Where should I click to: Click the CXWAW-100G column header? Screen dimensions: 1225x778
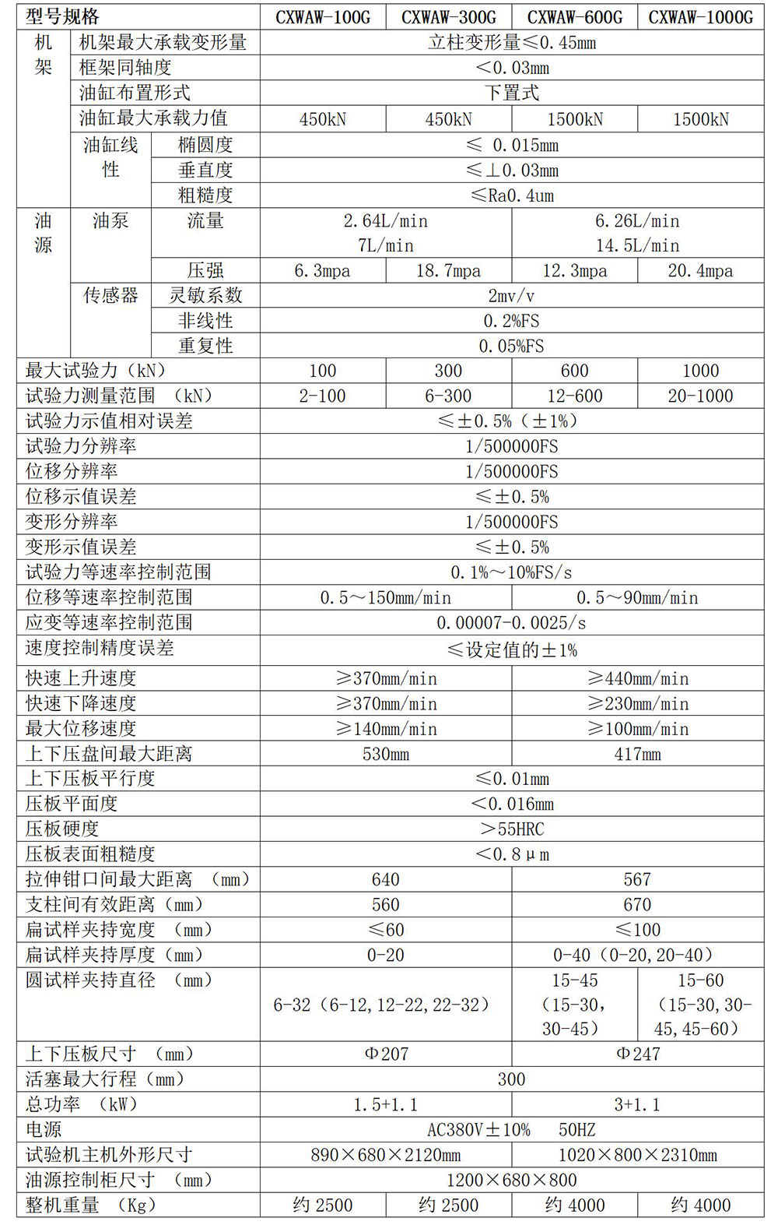tap(323, 17)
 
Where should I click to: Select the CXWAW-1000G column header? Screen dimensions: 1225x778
tap(700, 17)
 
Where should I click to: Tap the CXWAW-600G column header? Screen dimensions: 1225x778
tap(575, 17)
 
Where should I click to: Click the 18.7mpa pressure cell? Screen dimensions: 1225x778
tap(448, 271)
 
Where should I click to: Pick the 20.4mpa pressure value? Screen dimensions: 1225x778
tap(700, 271)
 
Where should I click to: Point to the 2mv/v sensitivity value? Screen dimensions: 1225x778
tap(511, 296)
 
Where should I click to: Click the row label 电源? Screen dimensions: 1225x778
tap(44, 1129)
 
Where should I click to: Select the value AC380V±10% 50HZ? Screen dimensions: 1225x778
tap(511, 1129)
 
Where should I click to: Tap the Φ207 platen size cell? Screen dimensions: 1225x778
tap(386, 1054)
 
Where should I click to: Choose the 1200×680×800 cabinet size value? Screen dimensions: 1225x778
tap(511, 1180)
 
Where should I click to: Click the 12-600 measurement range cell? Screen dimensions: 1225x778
tap(575, 396)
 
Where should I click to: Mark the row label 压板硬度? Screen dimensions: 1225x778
tap(62, 829)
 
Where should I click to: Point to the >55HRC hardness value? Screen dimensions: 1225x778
tap(511, 829)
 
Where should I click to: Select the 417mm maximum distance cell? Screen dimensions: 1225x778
tap(637, 754)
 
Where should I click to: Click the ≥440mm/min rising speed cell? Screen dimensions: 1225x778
tap(637, 678)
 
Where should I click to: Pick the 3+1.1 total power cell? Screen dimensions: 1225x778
tap(637, 1104)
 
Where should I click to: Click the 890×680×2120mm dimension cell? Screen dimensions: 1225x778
tap(386, 1155)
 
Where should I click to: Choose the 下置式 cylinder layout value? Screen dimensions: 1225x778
tap(511, 93)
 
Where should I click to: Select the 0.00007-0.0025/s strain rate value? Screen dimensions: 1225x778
tap(511, 623)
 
